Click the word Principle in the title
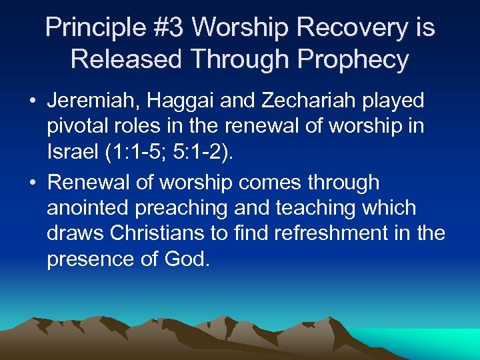(x=90, y=28)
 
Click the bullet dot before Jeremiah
(x=33, y=101)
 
